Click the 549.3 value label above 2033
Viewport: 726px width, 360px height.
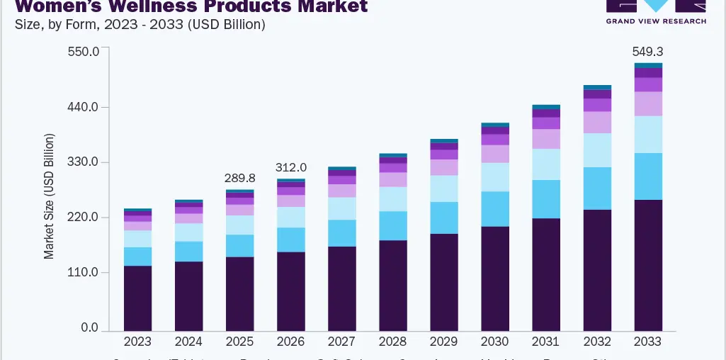pyautogui.click(x=648, y=52)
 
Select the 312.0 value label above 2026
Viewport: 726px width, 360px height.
pyautogui.click(x=291, y=167)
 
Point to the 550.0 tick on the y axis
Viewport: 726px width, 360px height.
pyautogui.click(x=84, y=52)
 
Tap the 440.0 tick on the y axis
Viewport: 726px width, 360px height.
pyautogui.click(x=84, y=107)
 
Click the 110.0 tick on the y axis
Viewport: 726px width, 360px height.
pyautogui.click(x=84, y=273)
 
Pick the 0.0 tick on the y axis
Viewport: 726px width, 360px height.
pyautogui.click(x=89, y=328)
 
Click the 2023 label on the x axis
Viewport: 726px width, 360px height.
pyautogui.click(x=137, y=342)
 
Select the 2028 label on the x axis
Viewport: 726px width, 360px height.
pyautogui.click(x=393, y=342)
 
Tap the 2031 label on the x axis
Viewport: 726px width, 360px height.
pyautogui.click(x=546, y=342)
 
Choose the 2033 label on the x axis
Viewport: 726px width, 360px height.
pyautogui.click(x=648, y=342)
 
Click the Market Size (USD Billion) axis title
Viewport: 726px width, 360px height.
pyautogui.click(x=49, y=195)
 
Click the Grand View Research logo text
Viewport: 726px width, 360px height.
pyautogui.click(x=656, y=21)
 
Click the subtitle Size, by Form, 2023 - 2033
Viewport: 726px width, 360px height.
pyautogui.click(x=140, y=25)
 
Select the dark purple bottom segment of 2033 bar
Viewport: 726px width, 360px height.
pyautogui.click(x=648, y=265)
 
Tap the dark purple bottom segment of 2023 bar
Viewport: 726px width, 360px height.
pyautogui.click(x=137, y=298)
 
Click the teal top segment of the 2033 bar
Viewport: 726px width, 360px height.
pyautogui.click(x=648, y=65)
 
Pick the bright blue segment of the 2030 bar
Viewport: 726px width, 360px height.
pyautogui.click(x=495, y=209)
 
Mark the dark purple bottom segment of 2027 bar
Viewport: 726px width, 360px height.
pyautogui.click(x=342, y=288)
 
